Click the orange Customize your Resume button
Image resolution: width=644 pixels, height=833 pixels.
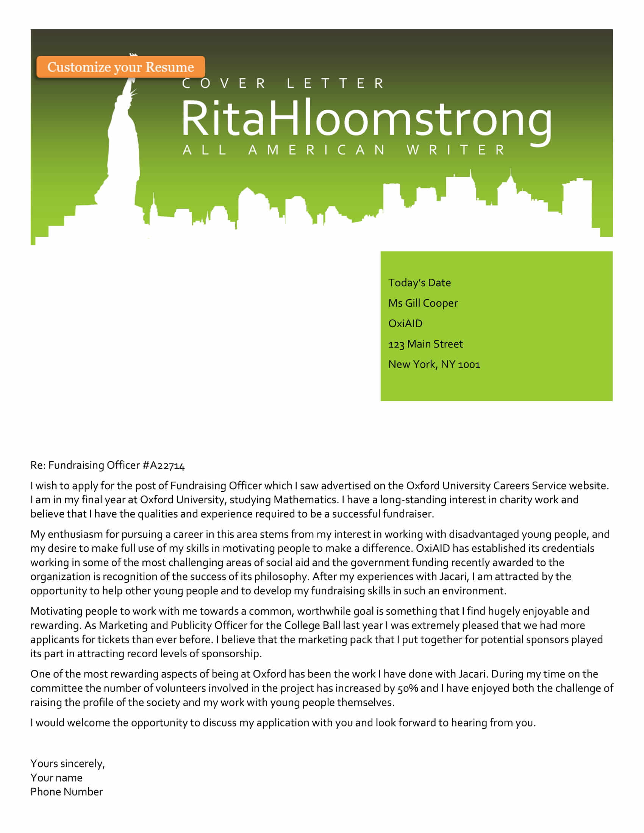120,67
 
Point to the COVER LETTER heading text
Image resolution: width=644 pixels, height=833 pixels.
283,83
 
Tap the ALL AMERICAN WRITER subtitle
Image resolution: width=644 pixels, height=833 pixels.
344,150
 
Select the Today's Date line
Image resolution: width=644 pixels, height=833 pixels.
419,282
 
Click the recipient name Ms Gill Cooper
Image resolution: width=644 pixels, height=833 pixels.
423,303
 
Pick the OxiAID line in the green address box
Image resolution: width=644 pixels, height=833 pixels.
405,323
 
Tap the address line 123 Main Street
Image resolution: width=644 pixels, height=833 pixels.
425,344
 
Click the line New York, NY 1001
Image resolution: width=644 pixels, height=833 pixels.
434,365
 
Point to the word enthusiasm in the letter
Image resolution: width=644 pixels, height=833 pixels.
75,534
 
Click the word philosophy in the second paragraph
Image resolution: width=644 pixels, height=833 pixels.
280,577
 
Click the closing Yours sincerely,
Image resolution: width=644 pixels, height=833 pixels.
67,764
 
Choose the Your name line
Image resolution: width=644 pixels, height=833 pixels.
56,778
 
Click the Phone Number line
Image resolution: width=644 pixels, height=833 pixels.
67,792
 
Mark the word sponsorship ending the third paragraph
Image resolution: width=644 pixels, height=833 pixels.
231,654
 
